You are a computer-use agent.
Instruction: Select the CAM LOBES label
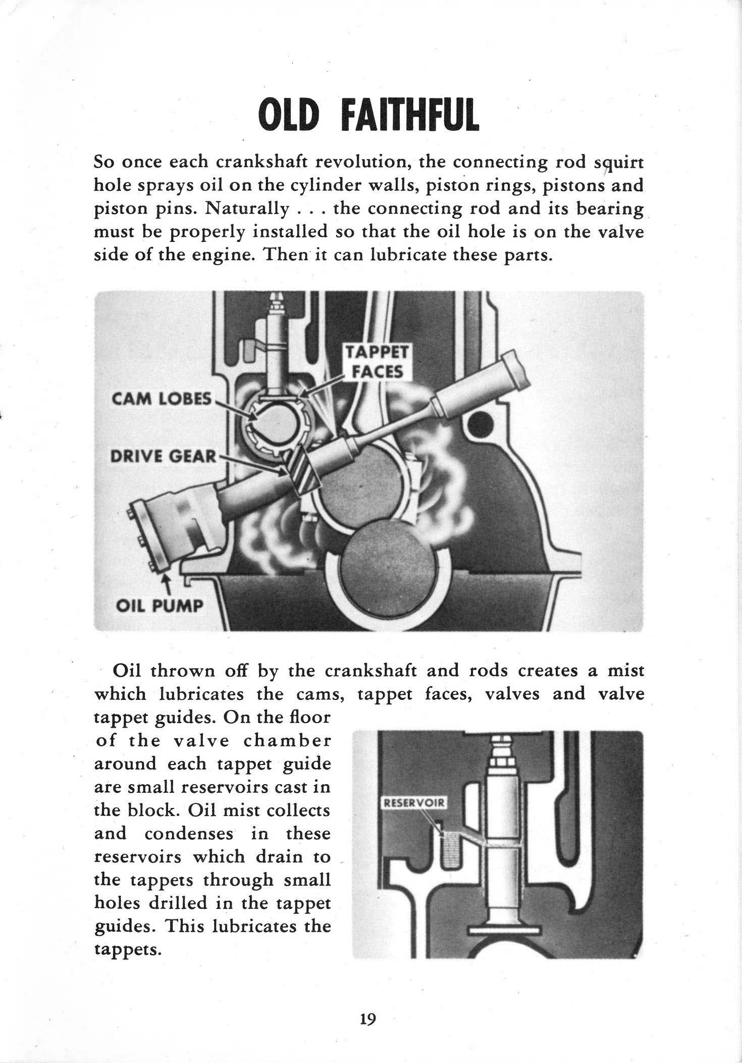[x=161, y=399]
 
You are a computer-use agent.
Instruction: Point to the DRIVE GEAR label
[x=163, y=457]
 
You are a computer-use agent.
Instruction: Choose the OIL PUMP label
[x=159, y=605]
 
